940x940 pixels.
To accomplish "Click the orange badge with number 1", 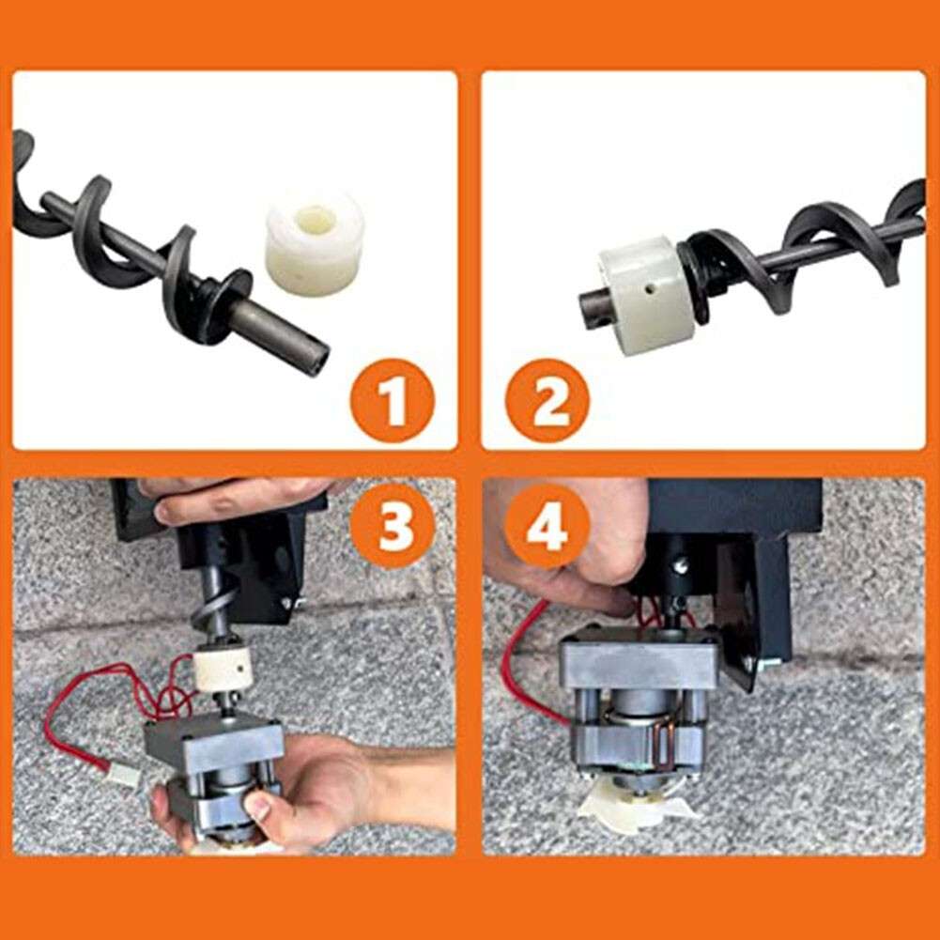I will tap(393, 401).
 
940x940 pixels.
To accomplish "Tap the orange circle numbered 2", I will tap(547, 401).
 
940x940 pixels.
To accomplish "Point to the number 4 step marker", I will tap(547, 528).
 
